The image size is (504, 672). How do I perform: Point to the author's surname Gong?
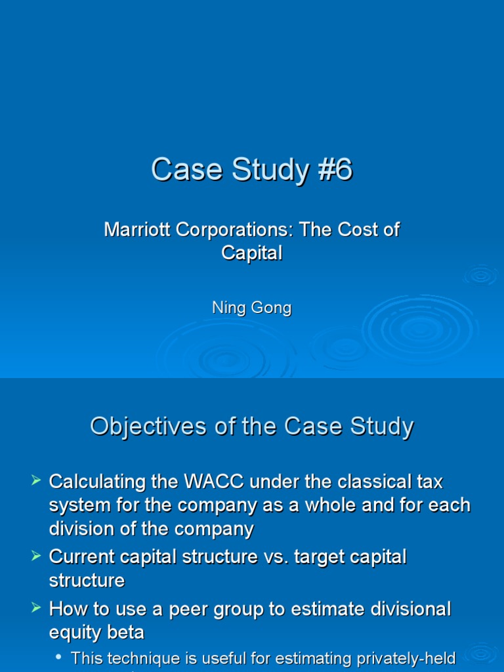(x=272, y=308)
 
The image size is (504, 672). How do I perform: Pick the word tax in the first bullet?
(x=429, y=482)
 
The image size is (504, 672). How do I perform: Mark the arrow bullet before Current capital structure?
(x=37, y=557)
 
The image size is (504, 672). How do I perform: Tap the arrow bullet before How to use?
(x=37, y=609)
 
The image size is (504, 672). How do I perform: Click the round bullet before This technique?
(x=59, y=657)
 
